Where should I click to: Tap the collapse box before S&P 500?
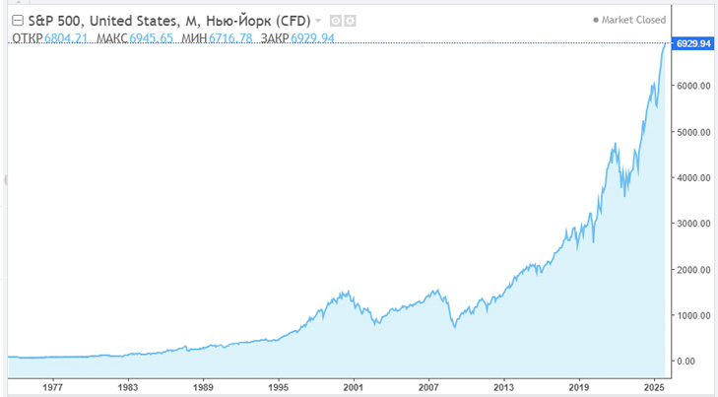click(x=17, y=20)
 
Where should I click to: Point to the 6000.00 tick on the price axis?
click(x=693, y=87)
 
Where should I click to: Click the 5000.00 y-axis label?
click(x=693, y=132)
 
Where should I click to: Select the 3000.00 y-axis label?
click(x=693, y=224)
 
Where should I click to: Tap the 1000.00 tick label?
click(x=693, y=315)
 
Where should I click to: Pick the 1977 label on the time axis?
click(x=53, y=388)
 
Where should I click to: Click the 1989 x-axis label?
click(x=203, y=388)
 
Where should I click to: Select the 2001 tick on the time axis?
click(x=353, y=388)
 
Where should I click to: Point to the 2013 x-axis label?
click(x=503, y=388)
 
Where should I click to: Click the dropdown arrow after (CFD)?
click(x=318, y=21)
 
